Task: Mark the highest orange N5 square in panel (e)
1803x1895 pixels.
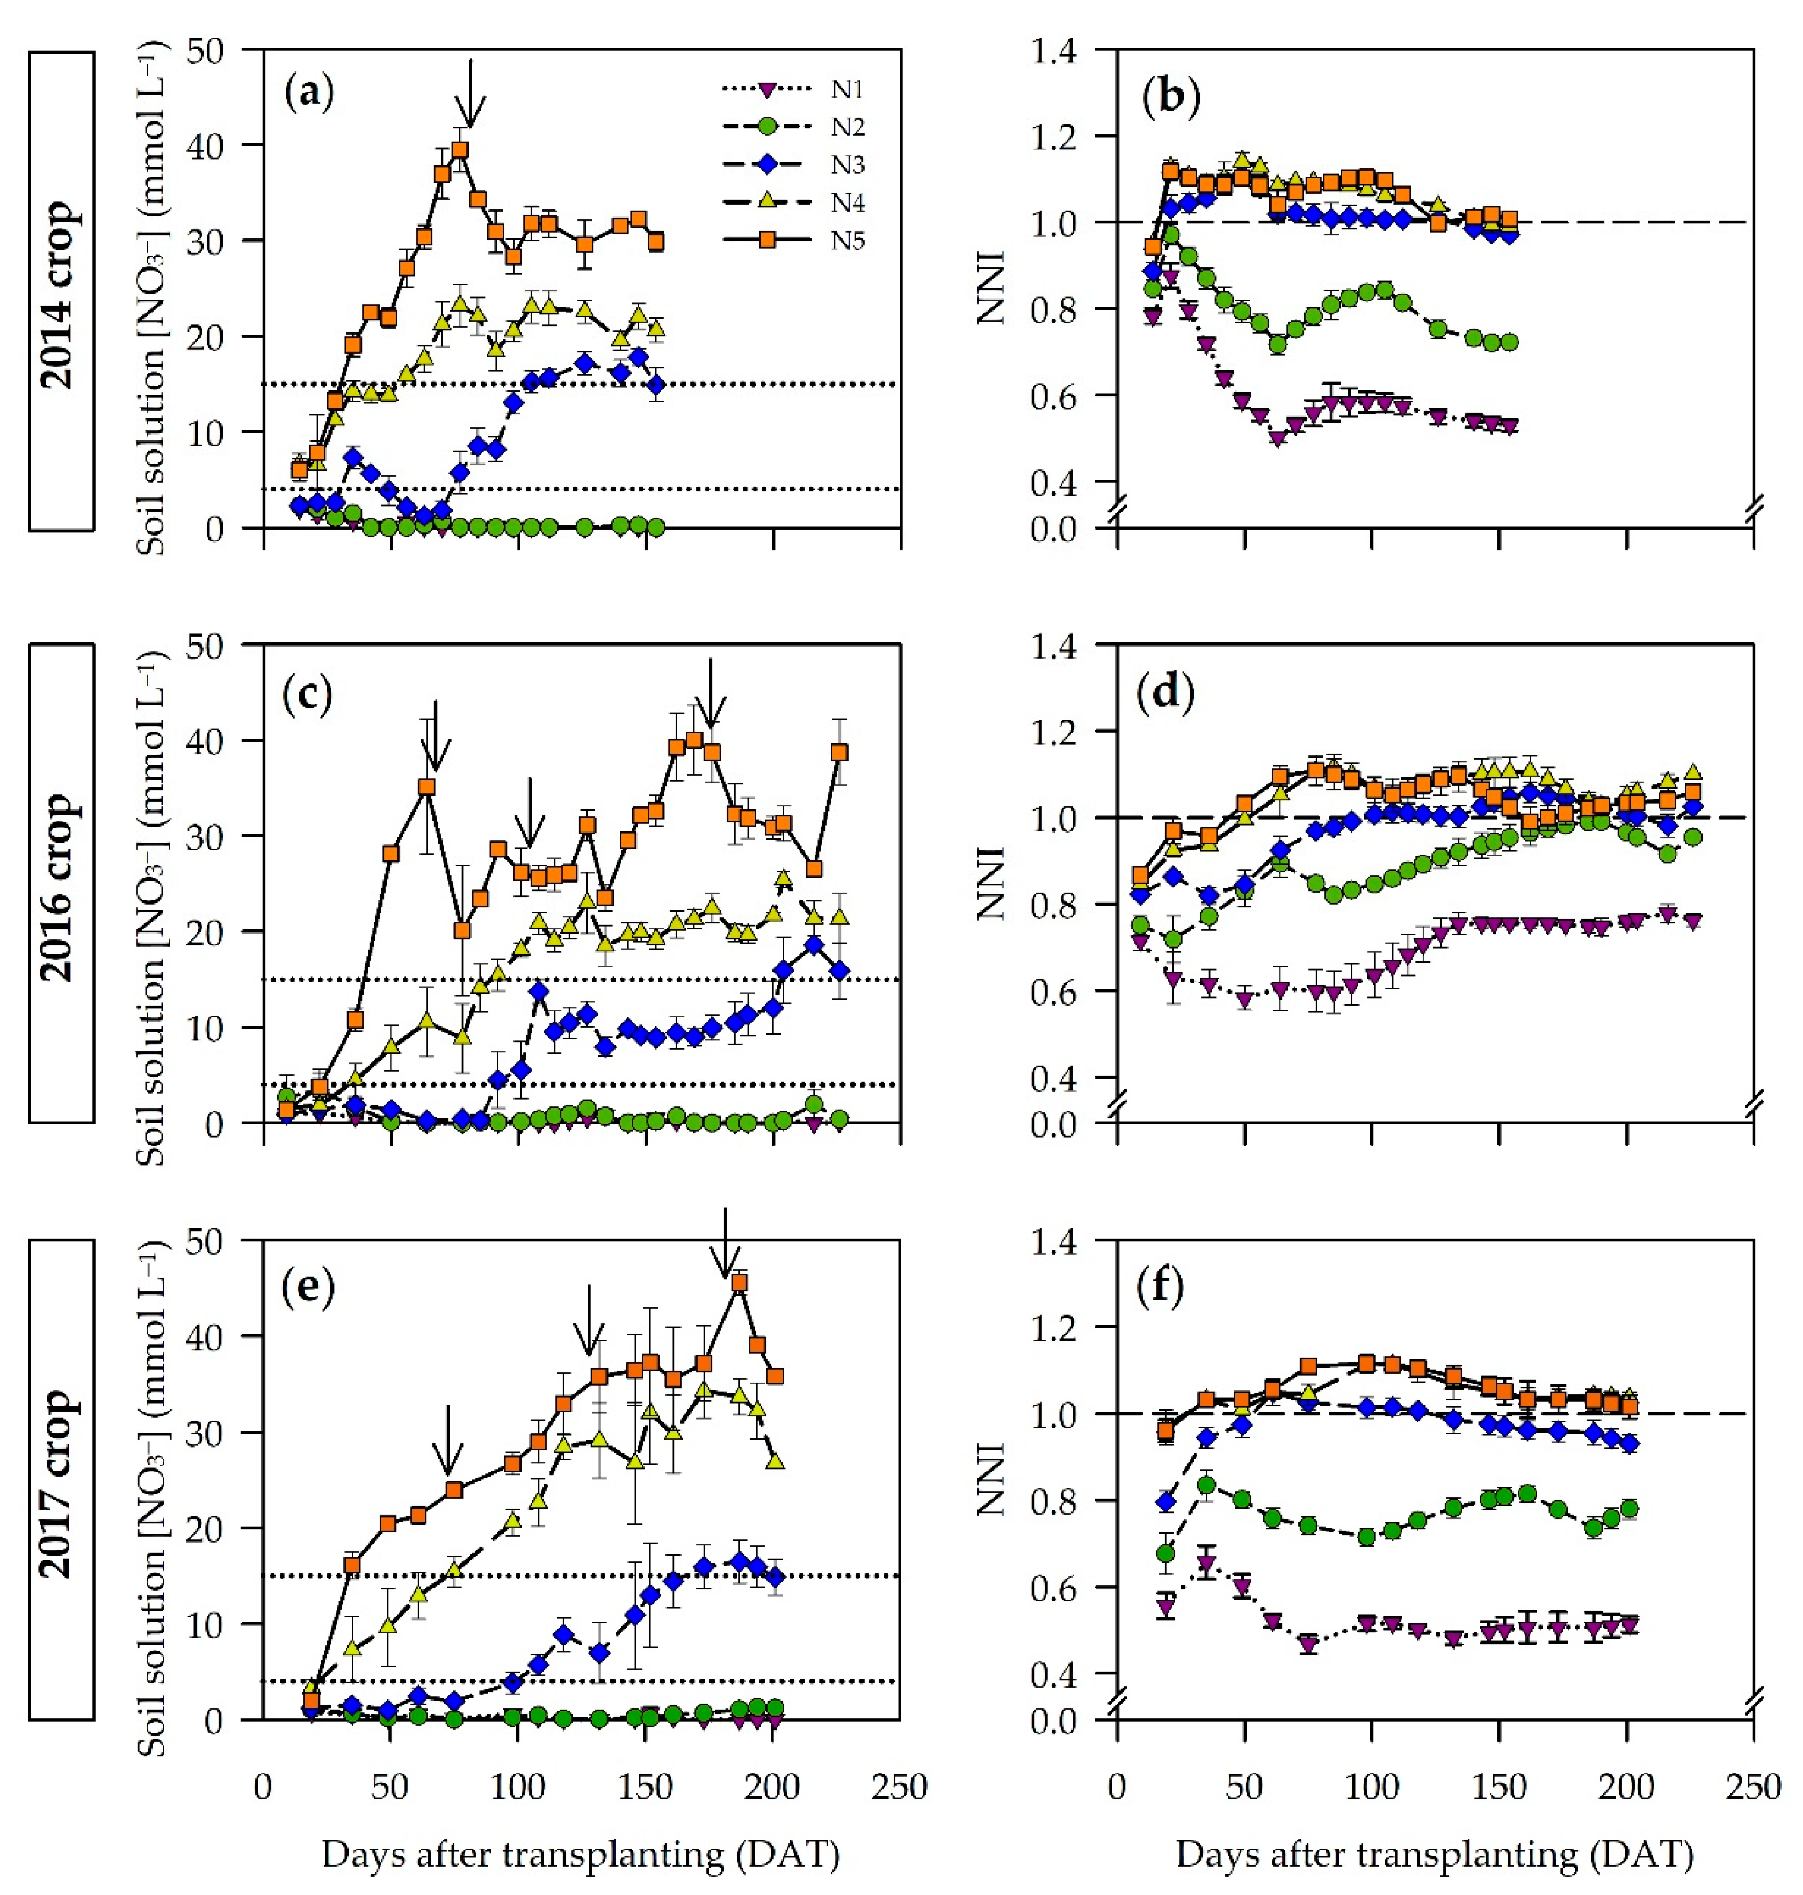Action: point(739,1282)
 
